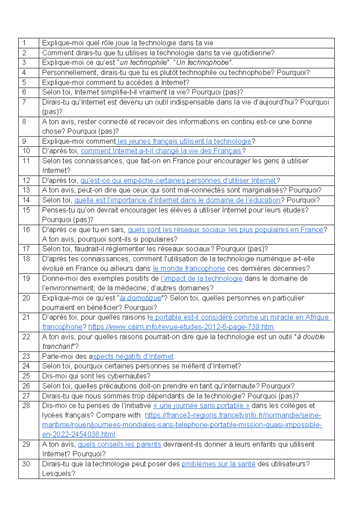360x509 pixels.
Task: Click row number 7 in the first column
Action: coord(24,102)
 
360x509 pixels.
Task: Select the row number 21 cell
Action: coord(26,318)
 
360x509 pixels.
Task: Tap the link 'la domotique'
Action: coord(140,298)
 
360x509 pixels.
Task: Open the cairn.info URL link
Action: coord(181,327)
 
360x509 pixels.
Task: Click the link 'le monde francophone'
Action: coord(189,269)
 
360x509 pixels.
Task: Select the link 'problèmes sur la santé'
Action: coord(219,464)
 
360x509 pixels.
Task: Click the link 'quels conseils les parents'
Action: coord(119,444)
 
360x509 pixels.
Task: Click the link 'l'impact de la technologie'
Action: coord(202,279)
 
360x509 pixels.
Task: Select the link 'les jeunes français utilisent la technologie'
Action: coord(184,141)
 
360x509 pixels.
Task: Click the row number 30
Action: coord(26,464)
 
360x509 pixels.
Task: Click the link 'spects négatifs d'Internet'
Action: coord(133,357)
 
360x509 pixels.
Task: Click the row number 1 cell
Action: coord(24,43)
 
